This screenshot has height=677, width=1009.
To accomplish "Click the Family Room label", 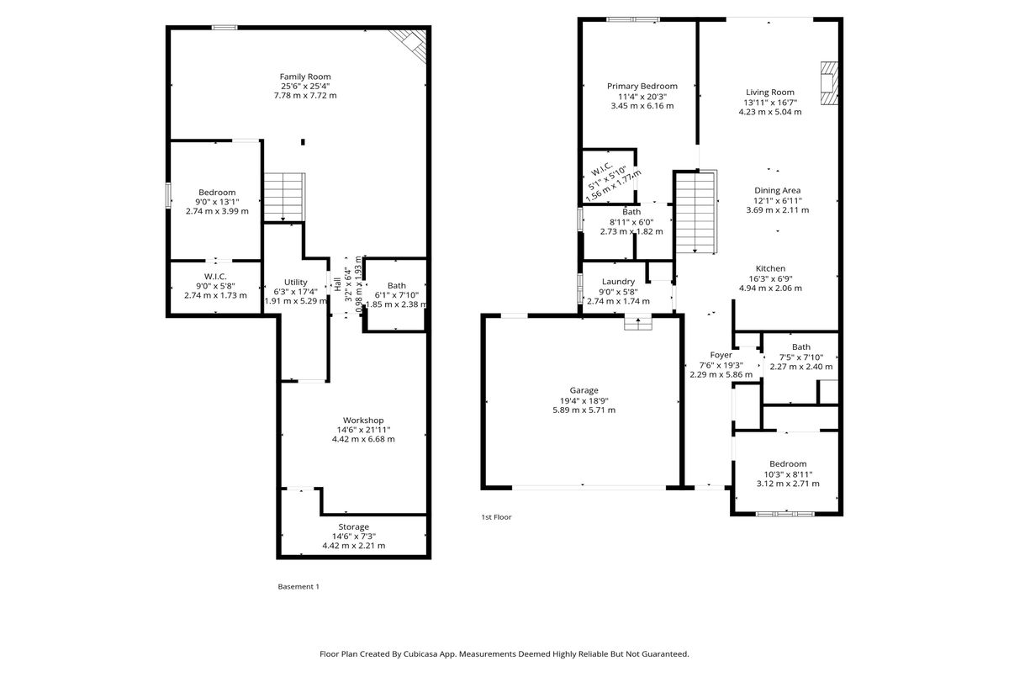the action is [x=305, y=77].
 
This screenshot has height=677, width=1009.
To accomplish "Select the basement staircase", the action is [x=284, y=198].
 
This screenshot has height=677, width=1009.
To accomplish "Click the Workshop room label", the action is [x=363, y=420].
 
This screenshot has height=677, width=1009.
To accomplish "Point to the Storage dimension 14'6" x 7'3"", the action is [x=354, y=536].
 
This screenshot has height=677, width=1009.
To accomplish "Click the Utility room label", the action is [x=295, y=282].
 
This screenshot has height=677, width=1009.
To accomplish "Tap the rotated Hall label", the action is [x=337, y=284].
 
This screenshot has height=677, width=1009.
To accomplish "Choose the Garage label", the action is [x=584, y=390].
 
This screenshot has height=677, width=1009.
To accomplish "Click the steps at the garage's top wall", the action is [x=638, y=324].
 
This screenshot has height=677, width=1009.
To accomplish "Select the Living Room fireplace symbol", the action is [x=829, y=83].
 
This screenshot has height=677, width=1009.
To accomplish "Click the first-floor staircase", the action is [x=696, y=212].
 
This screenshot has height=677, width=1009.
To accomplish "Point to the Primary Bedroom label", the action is [x=642, y=86].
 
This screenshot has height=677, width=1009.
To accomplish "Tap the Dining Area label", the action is [x=777, y=191].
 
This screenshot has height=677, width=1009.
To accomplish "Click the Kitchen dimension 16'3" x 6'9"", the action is [x=770, y=278].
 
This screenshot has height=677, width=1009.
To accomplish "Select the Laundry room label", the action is [x=618, y=282].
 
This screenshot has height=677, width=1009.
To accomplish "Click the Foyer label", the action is [x=721, y=355].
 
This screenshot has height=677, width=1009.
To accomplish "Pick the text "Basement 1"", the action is [x=298, y=586].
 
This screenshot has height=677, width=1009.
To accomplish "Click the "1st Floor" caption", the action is [x=496, y=516].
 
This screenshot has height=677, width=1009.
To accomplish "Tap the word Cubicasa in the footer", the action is [x=422, y=653].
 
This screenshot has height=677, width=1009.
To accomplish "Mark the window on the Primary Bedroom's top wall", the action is [x=633, y=19].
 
